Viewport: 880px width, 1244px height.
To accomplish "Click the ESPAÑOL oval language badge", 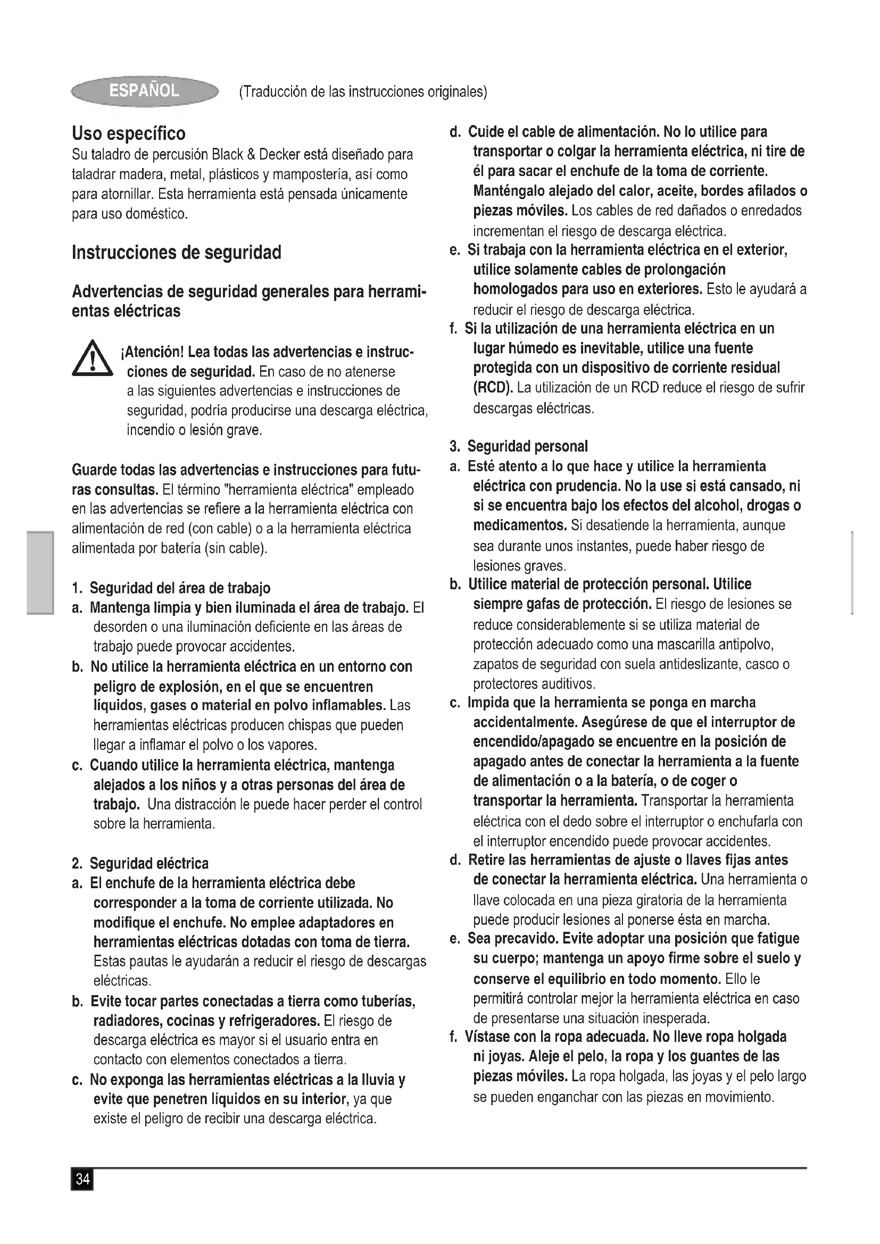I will click(144, 91).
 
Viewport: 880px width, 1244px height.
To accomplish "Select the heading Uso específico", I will click(128, 133).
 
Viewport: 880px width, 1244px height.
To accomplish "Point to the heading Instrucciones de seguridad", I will click(176, 253).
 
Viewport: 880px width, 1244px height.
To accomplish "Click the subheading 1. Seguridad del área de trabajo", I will click(171, 587).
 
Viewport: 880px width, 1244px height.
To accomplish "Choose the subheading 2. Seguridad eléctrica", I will click(141, 863).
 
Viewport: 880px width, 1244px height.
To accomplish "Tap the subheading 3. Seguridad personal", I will click(519, 446).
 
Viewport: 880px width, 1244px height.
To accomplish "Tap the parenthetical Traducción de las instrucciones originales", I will click(363, 92).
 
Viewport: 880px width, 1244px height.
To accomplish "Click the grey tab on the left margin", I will click(40, 573).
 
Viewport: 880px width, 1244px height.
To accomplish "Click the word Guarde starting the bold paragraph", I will click(94, 469).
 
